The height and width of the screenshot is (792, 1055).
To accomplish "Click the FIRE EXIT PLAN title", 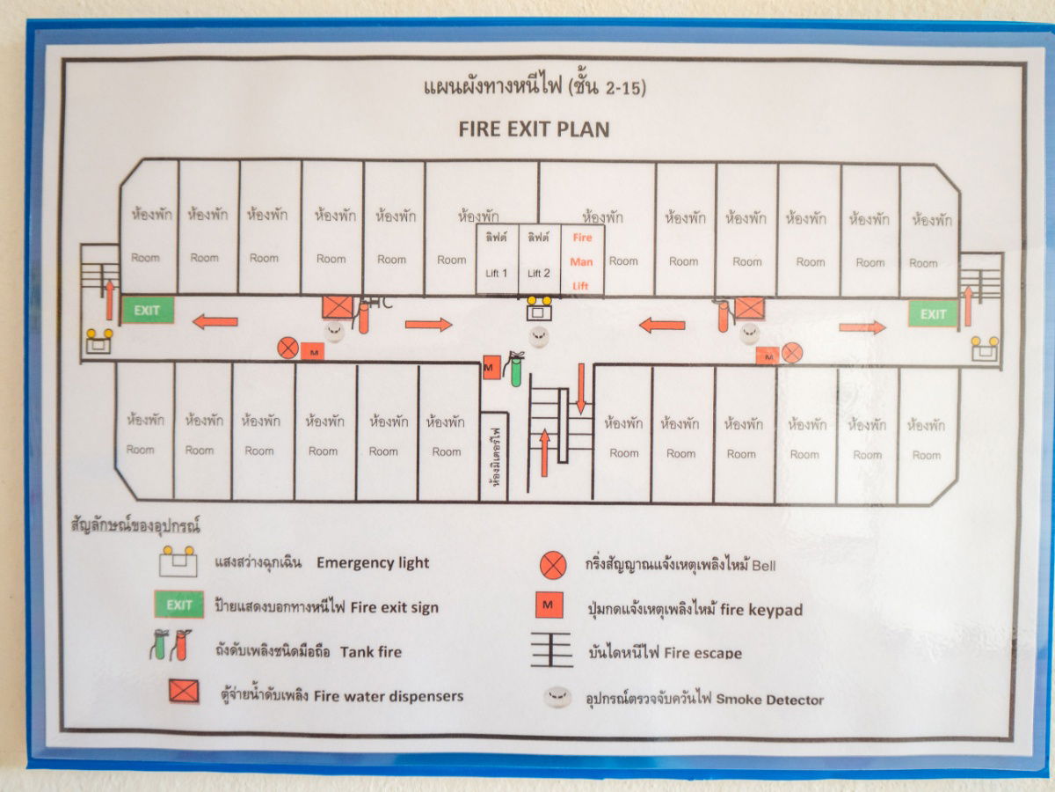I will point(534,129).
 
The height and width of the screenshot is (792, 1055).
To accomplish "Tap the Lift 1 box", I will point(497,260).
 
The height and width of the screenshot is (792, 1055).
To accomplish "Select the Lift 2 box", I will point(539,260).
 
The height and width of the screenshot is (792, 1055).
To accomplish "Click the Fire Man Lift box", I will point(582,260).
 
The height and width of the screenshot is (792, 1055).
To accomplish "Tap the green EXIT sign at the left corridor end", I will point(148,310).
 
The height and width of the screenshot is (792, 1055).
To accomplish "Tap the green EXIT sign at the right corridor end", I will point(933,313).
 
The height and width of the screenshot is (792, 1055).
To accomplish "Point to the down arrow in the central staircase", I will point(580,388).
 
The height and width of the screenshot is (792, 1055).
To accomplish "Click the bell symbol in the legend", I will point(553,564).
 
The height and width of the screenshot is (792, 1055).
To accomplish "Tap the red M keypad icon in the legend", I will point(549,606).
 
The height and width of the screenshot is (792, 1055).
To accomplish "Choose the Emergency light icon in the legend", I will point(178,561).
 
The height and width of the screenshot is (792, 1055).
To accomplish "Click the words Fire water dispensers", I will point(389,695).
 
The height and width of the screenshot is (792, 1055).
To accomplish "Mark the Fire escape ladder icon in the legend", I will point(552,651).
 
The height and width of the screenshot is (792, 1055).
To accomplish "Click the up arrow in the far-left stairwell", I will point(110,299).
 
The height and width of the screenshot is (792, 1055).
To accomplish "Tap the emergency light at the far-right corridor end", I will point(985,347).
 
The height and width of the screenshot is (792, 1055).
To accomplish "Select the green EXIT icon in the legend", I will point(179,605).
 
